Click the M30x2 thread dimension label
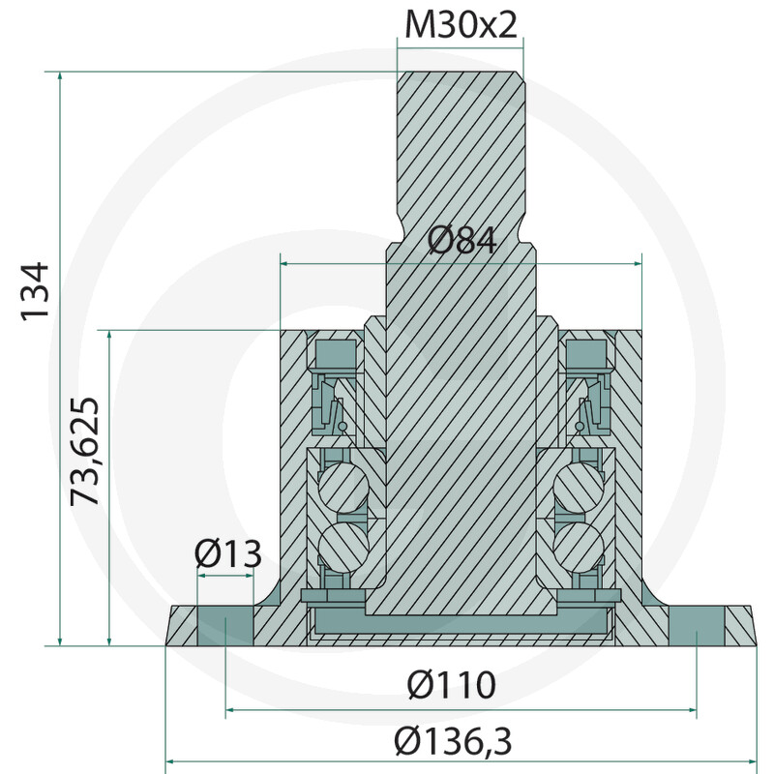click(x=461, y=25)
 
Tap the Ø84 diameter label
click(x=462, y=241)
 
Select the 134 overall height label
click(x=35, y=292)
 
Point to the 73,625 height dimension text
click(x=84, y=451)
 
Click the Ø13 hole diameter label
click(x=227, y=553)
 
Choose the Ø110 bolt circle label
click(x=451, y=685)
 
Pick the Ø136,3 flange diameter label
click(x=453, y=741)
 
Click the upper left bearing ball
click(x=343, y=487)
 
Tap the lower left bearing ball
click(x=343, y=548)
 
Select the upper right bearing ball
click(x=579, y=487)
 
